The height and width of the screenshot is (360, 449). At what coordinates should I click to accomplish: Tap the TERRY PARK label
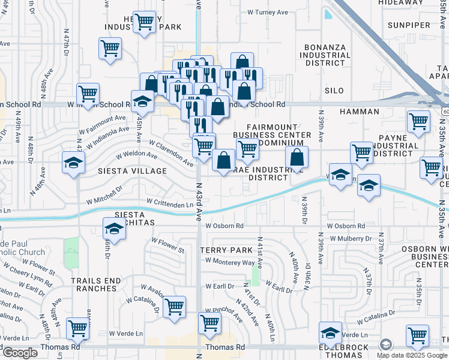pyautogui.click(x=225, y=250)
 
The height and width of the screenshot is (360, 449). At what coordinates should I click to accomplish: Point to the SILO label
pyautogui.click(x=334, y=91)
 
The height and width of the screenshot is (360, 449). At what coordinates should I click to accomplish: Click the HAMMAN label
pyautogui.click(x=360, y=112)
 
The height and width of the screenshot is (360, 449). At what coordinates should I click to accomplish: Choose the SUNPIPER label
pyautogui.click(x=409, y=25)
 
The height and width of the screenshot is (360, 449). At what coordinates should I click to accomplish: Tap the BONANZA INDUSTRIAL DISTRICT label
pyautogui.click(x=327, y=55)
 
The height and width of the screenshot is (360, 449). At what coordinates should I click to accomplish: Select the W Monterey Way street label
pyautogui.click(x=230, y=262)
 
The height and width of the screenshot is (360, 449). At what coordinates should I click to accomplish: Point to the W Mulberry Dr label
pyautogui.click(x=350, y=238)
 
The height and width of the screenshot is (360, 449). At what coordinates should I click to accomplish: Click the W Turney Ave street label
pyautogui.click(x=268, y=12)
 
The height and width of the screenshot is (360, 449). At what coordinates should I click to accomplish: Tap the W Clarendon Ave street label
pyautogui.click(x=172, y=152)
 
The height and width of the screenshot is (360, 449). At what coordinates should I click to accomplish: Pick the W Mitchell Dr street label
pyautogui.click(x=104, y=197)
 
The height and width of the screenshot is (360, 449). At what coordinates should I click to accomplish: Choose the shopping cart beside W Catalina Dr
pyautogui.click(x=174, y=307)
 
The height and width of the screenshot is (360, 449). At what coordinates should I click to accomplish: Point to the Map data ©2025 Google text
pyautogui.click(x=412, y=355)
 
